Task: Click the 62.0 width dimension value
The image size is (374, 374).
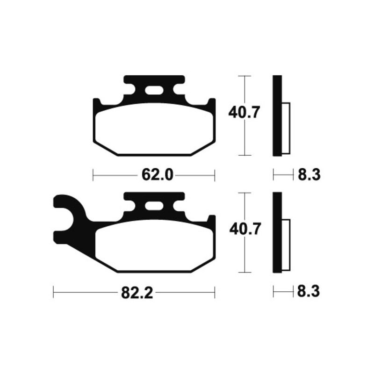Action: [154, 176]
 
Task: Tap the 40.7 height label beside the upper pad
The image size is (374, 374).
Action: [244, 113]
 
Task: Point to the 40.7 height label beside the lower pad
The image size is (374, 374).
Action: [244, 230]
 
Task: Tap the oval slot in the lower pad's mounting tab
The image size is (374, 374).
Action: [154, 206]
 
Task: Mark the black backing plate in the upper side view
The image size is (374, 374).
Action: [277, 115]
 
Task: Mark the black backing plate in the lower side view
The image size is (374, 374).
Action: [277, 232]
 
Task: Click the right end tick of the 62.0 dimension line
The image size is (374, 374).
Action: [215, 176]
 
